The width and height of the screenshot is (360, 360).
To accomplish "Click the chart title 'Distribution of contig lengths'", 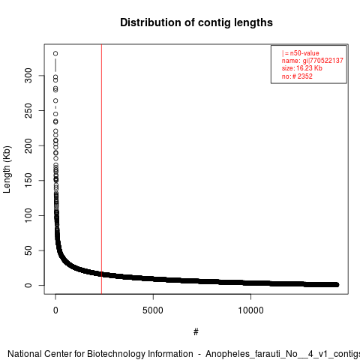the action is [x=196, y=22].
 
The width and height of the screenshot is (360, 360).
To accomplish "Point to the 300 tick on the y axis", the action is [x=28, y=76].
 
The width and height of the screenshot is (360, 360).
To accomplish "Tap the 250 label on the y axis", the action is [x=28, y=110].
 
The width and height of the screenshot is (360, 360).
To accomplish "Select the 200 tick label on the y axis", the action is [x=28, y=145].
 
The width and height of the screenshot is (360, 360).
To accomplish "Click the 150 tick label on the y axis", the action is [x=28, y=181].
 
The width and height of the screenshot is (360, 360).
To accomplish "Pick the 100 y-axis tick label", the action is [x=28, y=215].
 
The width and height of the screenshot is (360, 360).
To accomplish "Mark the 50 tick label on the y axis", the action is [x=28, y=250].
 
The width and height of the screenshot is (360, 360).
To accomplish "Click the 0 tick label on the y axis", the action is [x=28, y=285].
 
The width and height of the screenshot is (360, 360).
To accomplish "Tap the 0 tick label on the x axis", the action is [x=55, y=310].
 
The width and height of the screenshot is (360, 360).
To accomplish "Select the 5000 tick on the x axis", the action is [x=153, y=310].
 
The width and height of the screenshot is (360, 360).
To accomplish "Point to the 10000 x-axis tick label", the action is [x=250, y=310].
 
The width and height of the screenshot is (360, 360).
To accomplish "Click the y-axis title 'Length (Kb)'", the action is [x=7, y=169].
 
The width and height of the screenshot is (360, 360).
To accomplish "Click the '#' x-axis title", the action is [x=196, y=332].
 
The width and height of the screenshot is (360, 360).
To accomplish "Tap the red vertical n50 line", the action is [x=101, y=169].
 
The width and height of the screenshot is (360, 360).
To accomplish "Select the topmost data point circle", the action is [x=55, y=53].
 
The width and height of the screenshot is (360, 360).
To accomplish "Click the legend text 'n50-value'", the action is [x=304, y=53].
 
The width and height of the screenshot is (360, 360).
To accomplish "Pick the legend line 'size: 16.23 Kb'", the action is [x=302, y=68].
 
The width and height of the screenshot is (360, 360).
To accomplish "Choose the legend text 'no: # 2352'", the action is [x=297, y=76].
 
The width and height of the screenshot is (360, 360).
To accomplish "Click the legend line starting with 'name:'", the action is [x=313, y=61].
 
